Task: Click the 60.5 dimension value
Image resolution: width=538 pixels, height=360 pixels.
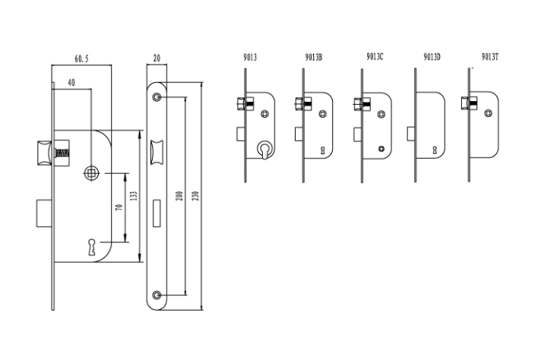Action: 81,58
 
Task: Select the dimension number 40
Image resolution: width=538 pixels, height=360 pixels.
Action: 71,81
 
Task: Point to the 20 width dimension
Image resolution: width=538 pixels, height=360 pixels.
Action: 157,58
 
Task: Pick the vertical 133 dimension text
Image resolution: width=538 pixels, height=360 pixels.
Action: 134,197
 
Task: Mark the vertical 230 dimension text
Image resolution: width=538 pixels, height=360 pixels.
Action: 195,196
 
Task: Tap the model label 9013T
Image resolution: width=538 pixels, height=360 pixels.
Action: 490,57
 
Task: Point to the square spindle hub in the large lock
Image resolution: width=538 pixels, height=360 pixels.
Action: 93,174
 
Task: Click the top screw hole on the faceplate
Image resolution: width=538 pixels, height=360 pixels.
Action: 157,98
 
